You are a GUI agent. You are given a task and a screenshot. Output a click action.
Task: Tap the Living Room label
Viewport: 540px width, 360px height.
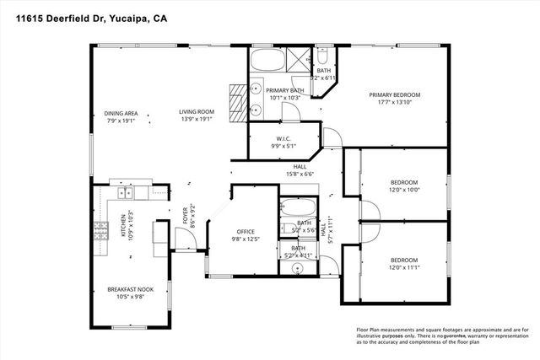[x=196, y=112]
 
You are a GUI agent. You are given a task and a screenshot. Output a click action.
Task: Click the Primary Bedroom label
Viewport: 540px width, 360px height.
[x=394, y=95]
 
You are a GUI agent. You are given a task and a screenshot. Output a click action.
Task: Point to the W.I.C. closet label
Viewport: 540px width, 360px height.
[x=283, y=138]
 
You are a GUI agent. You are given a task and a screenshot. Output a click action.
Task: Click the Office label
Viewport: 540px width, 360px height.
[x=246, y=231]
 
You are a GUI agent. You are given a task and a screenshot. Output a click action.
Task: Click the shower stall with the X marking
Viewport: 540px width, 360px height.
[x=298, y=59]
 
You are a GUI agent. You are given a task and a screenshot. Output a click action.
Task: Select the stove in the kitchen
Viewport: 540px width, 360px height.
[x=101, y=228]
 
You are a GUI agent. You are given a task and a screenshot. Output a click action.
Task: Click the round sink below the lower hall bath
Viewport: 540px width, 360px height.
[x=296, y=269]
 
